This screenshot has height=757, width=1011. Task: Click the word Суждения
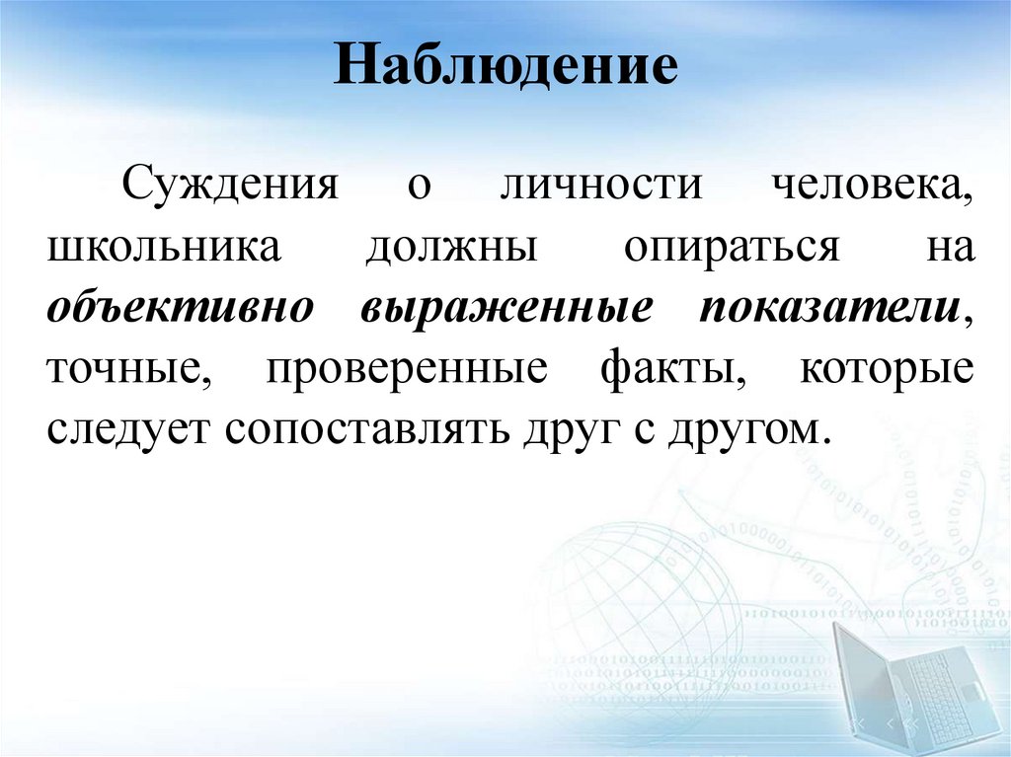(x=230, y=185)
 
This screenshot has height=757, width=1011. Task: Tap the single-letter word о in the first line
(x=420, y=188)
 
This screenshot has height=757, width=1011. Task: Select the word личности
(x=600, y=185)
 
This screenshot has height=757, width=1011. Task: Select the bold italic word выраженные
(x=505, y=309)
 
